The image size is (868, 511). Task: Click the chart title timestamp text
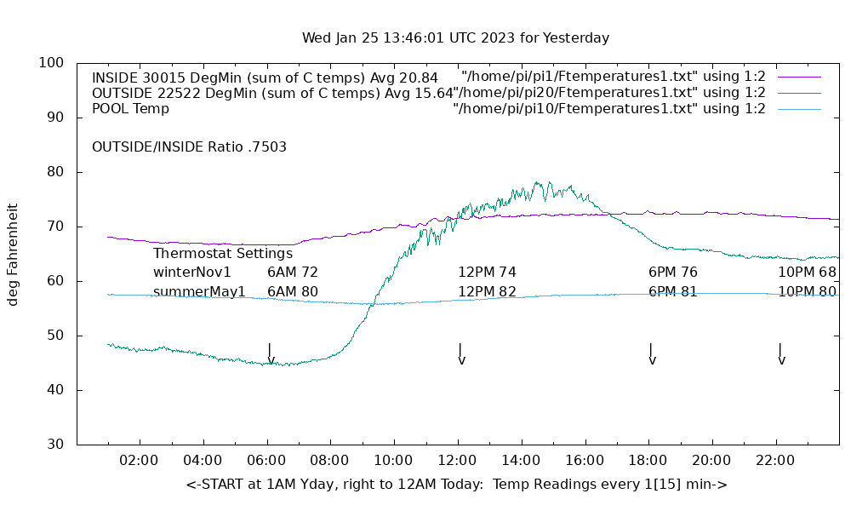[x=455, y=38]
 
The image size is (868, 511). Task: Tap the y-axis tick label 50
[x=54, y=336]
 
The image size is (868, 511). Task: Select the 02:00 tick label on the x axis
[x=139, y=461]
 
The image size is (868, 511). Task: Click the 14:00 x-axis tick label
[x=521, y=461]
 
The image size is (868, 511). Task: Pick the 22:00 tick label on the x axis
[x=775, y=461]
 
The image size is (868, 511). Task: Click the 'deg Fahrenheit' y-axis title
[x=13, y=254]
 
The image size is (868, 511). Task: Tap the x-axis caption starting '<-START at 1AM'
[x=456, y=485]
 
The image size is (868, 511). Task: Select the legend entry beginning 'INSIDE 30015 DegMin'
[x=265, y=78]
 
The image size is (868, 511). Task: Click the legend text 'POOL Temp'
[x=130, y=108]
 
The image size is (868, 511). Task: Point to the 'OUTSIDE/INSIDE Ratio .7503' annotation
[x=189, y=146]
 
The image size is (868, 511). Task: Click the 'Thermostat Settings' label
[x=223, y=253]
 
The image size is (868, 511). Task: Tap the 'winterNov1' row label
[x=192, y=273]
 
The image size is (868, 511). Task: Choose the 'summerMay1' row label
[x=199, y=292]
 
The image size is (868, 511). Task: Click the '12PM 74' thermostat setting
[x=487, y=273]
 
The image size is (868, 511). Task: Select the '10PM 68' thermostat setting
[x=807, y=273]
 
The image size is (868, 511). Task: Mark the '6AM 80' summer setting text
[x=292, y=292]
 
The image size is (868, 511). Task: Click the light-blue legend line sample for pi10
[x=799, y=109]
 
